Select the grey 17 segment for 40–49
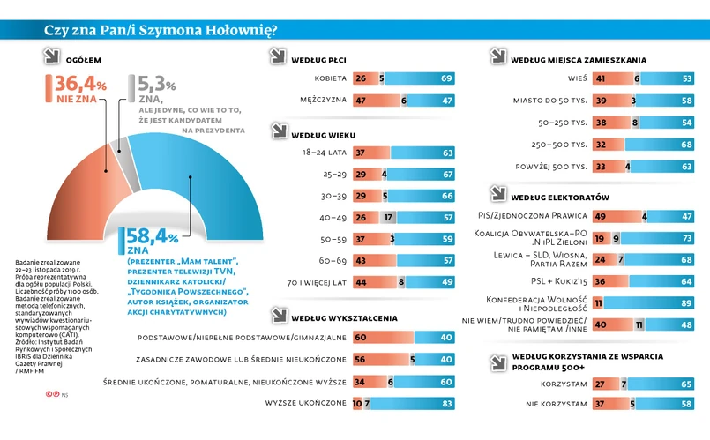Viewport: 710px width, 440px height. click(x=388, y=217)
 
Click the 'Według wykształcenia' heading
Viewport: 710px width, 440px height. click(x=342, y=317)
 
